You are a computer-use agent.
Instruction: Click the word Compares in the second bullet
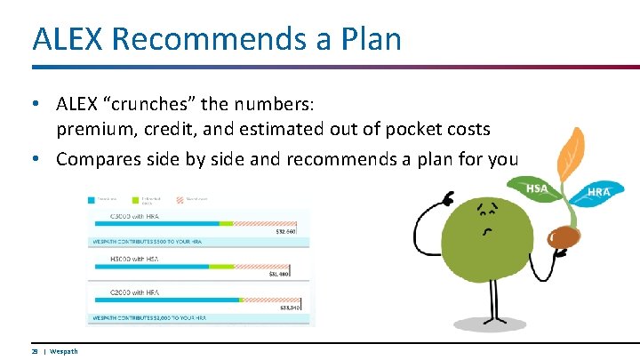98,160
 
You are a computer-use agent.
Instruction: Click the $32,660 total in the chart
286,232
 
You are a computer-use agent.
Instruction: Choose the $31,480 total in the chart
280,274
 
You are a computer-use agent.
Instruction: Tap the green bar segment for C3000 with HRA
226,223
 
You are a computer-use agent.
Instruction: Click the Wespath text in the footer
63,351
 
